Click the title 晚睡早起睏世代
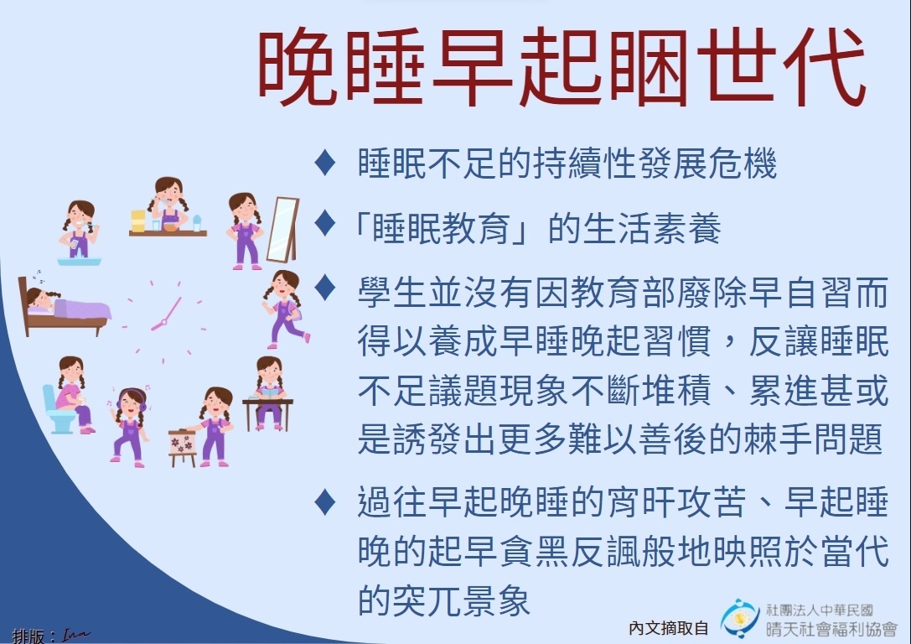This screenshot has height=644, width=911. pos(562,67)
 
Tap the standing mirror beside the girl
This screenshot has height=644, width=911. pos(283,230)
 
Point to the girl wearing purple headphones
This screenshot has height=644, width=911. pos(130,426)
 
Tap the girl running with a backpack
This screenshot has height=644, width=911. pos(285,309)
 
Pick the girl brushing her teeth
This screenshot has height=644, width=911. pos(79,229)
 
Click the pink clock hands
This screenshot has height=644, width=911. pos(167,314)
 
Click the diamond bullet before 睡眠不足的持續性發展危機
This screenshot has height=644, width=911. pos(325,163)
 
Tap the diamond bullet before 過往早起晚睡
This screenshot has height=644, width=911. pos(325,502)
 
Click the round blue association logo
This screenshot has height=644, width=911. pos(739,619)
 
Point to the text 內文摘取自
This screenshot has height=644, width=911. pos(668,628)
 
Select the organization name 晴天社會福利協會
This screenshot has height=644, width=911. pos(831,628)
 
